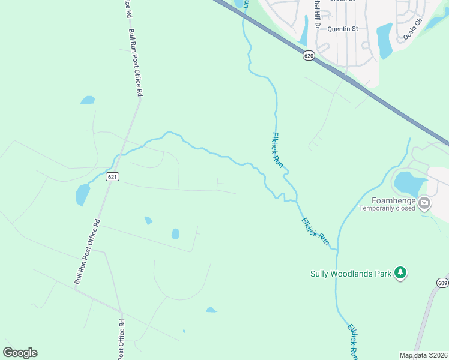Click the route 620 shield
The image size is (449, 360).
[309, 55]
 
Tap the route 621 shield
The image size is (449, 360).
[113, 176]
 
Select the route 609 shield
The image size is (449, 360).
[442, 283]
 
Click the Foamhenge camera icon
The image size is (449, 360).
[424, 203]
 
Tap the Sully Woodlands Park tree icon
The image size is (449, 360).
[400, 274]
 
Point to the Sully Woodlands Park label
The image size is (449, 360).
[350, 274]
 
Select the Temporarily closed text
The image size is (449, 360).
[387, 209]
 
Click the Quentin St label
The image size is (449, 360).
[342, 28]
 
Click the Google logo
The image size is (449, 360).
[20, 353]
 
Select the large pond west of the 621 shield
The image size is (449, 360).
[83, 194]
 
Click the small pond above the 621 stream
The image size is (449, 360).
[88, 100]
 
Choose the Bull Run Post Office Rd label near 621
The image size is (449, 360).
[87, 252]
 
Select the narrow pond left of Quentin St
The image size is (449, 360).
[304, 30]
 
